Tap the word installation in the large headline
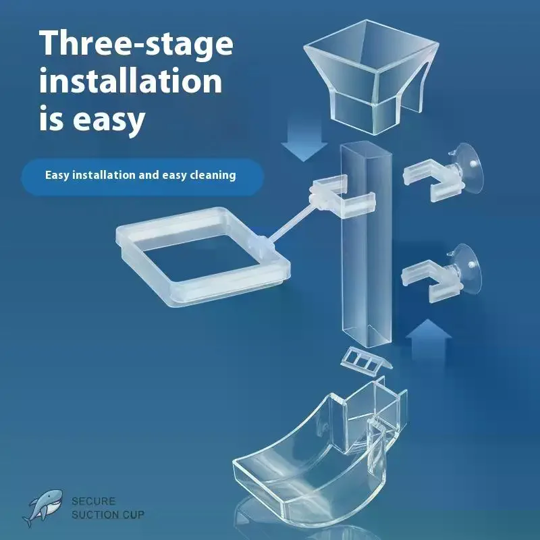tap(130, 80)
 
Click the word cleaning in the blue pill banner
tap(213, 175)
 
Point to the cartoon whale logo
tap(43, 508)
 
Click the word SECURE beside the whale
tap(93, 501)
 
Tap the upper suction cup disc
tap(468, 165)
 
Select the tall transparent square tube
tap(367, 244)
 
